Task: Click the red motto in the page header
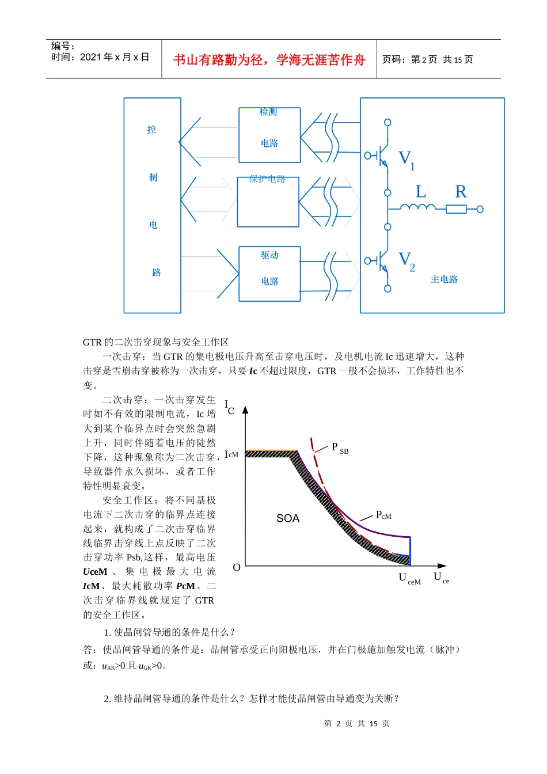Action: [269, 60]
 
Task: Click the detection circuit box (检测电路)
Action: [269, 135]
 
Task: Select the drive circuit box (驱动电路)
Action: [269, 274]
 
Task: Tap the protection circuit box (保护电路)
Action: [268, 202]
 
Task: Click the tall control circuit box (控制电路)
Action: [153, 205]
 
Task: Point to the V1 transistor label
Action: [407, 160]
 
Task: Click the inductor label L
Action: [421, 192]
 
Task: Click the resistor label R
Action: [461, 192]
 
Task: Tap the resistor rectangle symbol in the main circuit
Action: [456, 209]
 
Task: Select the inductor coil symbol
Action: [418, 208]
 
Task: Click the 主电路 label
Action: [444, 279]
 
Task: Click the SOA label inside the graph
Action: [288, 518]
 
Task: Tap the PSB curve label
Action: [340, 448]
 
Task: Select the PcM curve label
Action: [383, 515]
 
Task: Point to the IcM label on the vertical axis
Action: [231, 454]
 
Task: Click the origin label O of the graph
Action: [237, 568]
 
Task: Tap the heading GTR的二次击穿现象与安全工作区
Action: [156, 342]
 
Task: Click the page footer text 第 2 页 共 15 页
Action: [357, 723]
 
